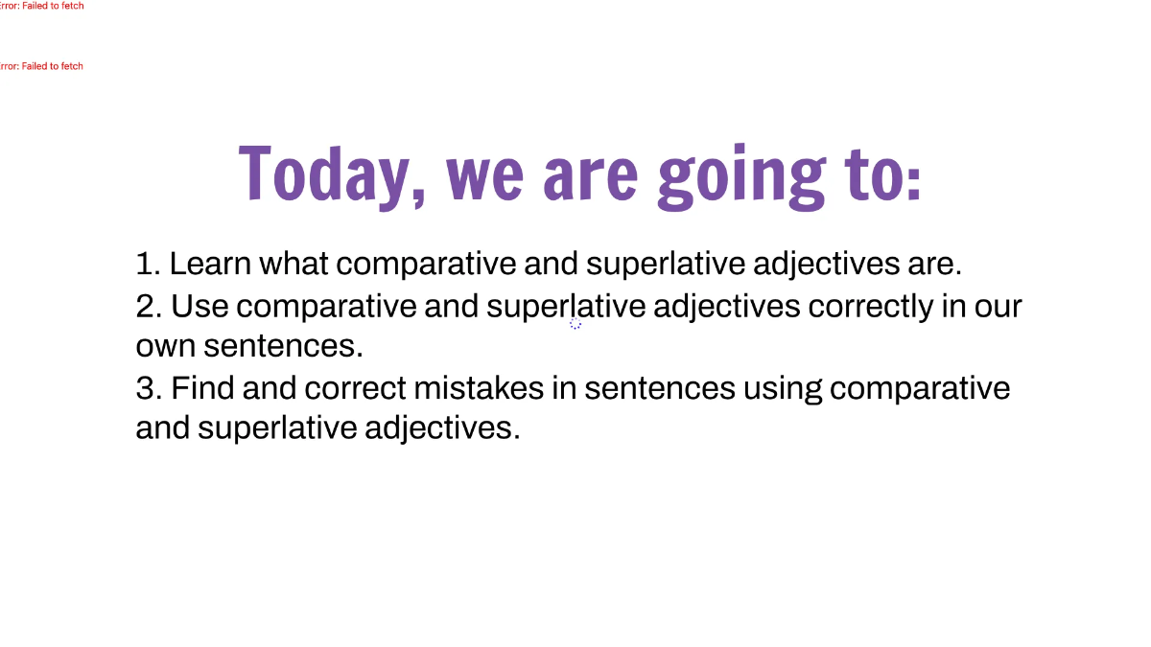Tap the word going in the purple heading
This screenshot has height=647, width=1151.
click(740, 175)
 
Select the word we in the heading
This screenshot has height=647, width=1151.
click(485, 175)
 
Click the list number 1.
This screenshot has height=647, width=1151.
click(147, 264)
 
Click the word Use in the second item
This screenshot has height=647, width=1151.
click(200, 307)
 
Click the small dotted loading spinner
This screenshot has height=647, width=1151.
click(575, 324)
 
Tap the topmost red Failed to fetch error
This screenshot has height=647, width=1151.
click(41, 6)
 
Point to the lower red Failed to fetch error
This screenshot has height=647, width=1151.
click(41, 66)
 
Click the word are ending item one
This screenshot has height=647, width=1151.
click(932, 264)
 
